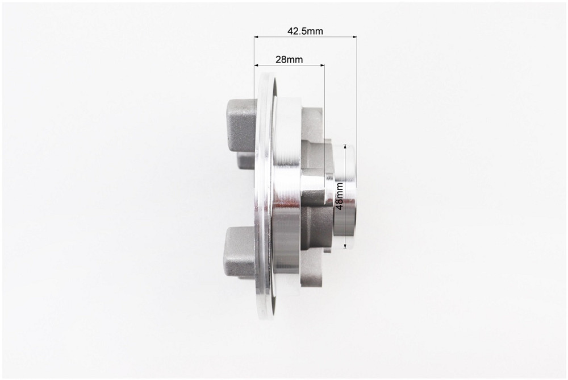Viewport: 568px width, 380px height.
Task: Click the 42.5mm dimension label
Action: (x=305, y=31)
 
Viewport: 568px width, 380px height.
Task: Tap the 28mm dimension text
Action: (x=289, y=60)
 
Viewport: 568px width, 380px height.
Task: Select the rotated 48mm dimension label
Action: (x=340, y=196)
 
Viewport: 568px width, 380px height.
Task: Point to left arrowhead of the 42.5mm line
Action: (x=257, y=36)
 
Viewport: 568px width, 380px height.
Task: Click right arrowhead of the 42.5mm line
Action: (x=354, y=36)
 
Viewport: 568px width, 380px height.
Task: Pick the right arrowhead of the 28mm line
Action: (x=322, y=65)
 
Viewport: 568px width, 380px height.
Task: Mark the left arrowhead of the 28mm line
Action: (x=257, y=65)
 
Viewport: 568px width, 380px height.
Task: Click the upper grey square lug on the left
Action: (x=241, y=126)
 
